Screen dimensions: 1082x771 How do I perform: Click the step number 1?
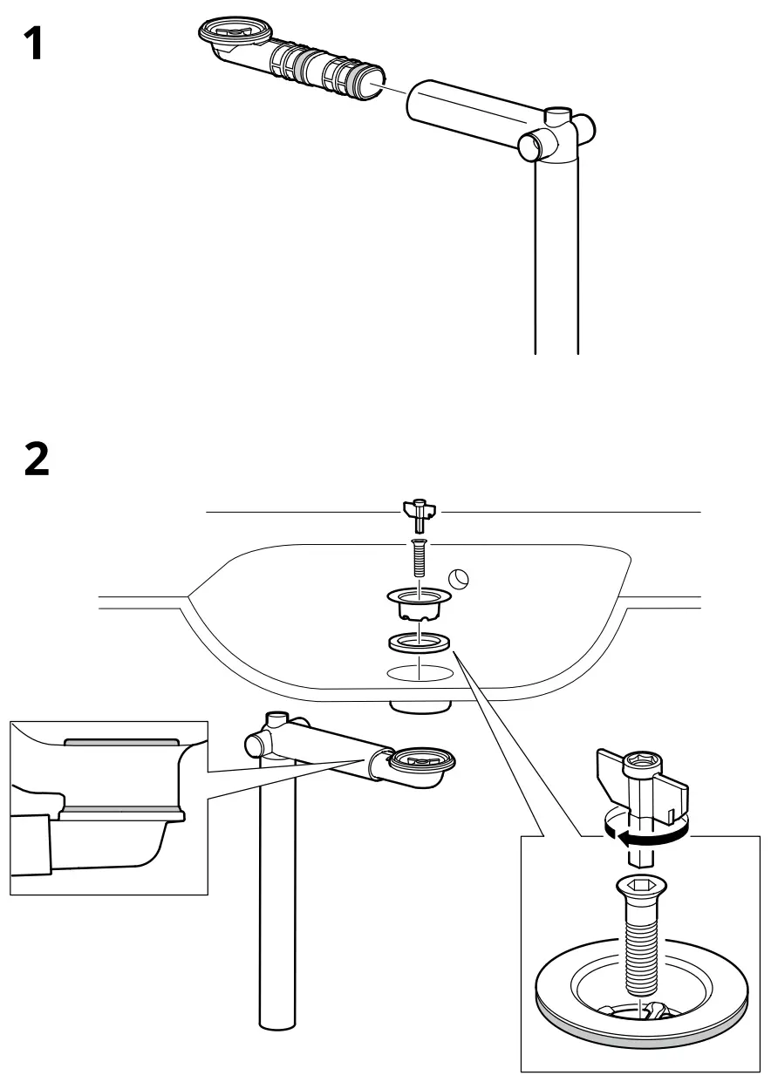tap(32, 44)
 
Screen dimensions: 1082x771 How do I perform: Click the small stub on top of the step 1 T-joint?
tap(556, 114)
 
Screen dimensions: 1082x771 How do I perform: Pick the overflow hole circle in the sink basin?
tap(459, 577)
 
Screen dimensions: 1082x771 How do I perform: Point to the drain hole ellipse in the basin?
tap(420, 672)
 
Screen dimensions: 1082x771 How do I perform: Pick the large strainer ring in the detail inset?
tap(643, 1007)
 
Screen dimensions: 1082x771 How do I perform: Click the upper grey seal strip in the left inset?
tap(122, 742)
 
